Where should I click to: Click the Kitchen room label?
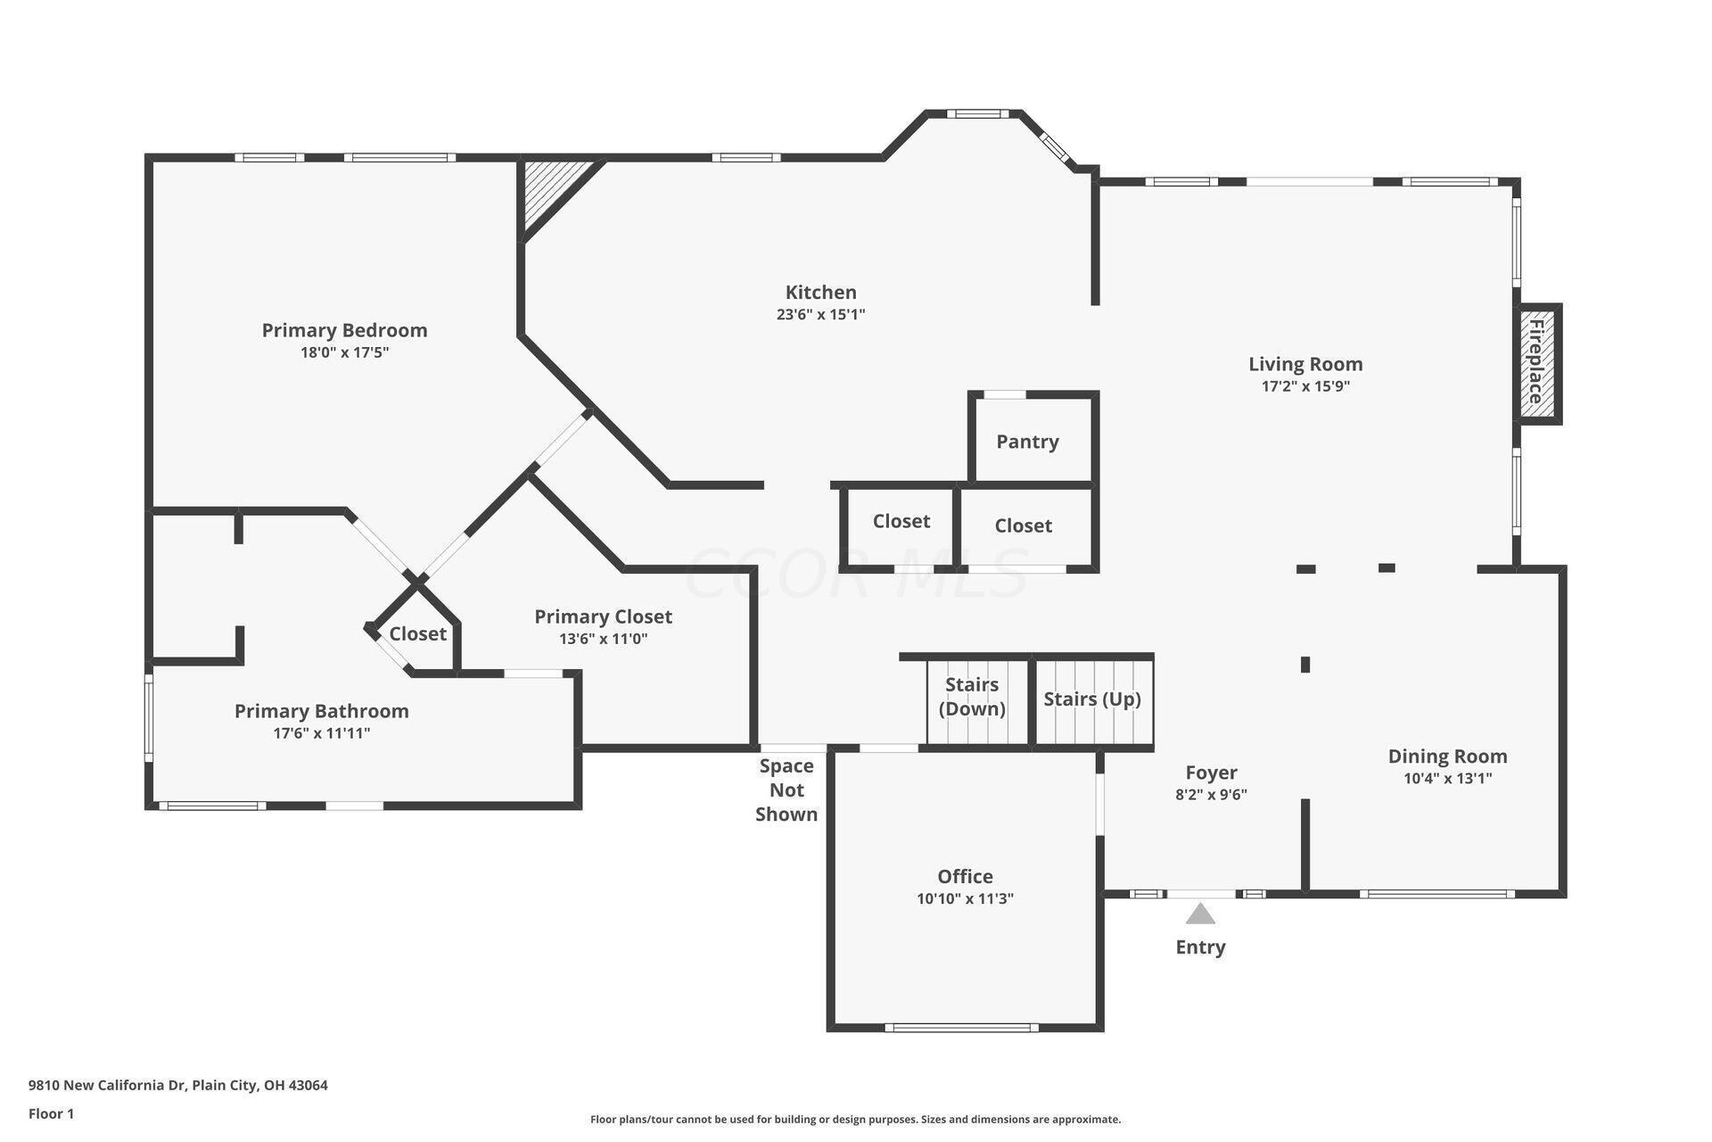[820, 292]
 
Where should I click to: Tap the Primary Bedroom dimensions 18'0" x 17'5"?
[344, 352]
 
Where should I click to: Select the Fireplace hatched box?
[1537, 362]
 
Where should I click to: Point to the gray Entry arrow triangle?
[1200, 914]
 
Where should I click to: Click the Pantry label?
[1027, 442]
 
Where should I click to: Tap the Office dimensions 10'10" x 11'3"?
[965, 898]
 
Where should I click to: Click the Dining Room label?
[1447, 756]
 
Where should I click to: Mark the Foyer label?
[1211, 773]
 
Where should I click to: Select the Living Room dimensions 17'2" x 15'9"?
[1305, 386]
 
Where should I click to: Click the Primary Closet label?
[603, 617]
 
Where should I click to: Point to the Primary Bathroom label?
[322, 711]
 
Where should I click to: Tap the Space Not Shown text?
[786, 790]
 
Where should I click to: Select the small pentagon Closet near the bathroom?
[416, 632]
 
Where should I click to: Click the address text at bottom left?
[178, 1086]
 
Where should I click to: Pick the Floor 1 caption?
[52, 1113]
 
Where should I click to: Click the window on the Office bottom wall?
[962, 1028]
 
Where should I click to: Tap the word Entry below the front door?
[1200, 948]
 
